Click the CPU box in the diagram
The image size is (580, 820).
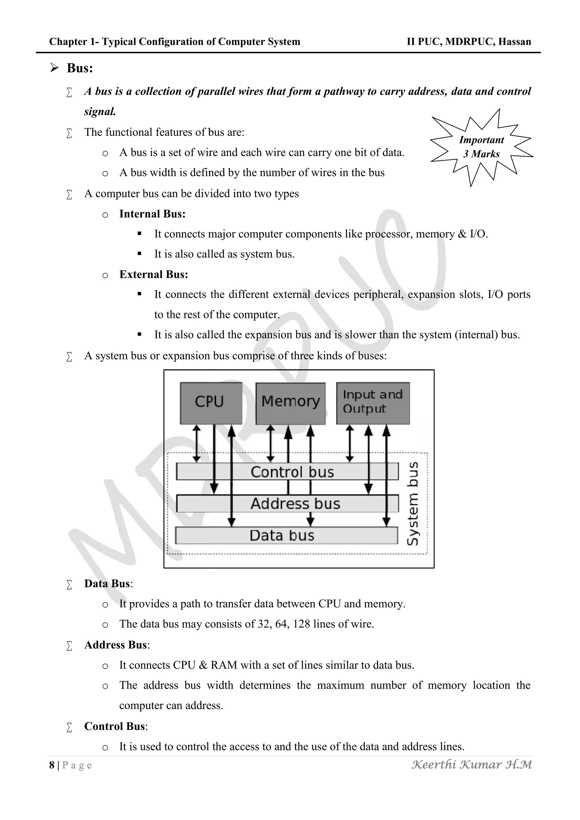pyautogui.click(x=211, y=403)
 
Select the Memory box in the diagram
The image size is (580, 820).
pyautogui.click(x=290, y=403)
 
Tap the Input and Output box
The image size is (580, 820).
pyautogui.click(x=373, y=403)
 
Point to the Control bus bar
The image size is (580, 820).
pyautogui.click(x=287, y=471)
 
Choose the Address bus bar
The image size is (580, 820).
pyautogui.click(x=288, y=503)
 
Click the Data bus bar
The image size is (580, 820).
pyautogui.click(x=286, y=535)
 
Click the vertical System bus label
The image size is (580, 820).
pyautogui.click(x=413, y=503)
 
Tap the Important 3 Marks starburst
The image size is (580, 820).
pyautogui.click(x=481, y=147)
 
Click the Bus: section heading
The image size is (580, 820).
pyautogui.click(x=80, y=68)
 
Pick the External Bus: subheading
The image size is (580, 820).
pyautogui.click(x=153, y=274)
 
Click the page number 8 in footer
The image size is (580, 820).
pyautogui.click(x=52, y=765)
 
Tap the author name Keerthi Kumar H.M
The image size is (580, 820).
pyautogui.click(x=472, y=764)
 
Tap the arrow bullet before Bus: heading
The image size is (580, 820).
pyautogui.click(x=54, y=67)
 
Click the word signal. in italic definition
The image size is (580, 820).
pyautogui.click(x=100, y=112)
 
